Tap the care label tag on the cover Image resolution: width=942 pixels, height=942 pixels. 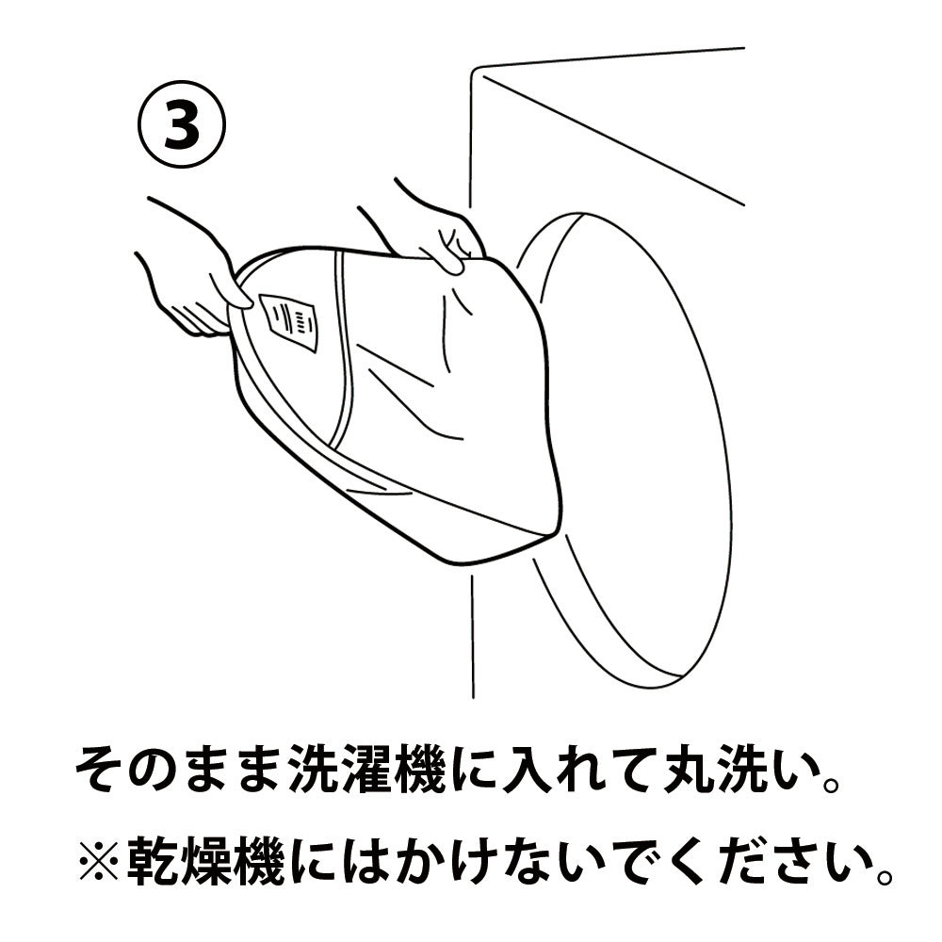pos(289,322)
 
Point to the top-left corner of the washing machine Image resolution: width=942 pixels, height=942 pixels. pos(472,71)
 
